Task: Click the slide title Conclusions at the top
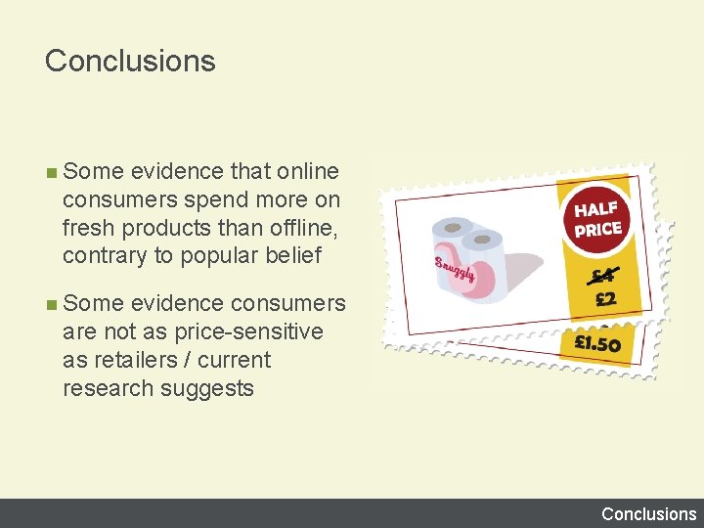coord(130,61)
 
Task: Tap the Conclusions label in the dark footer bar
coord(648,513)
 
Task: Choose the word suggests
coord(209,388)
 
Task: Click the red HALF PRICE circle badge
coord(597,221)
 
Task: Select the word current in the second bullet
coord(234,360)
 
